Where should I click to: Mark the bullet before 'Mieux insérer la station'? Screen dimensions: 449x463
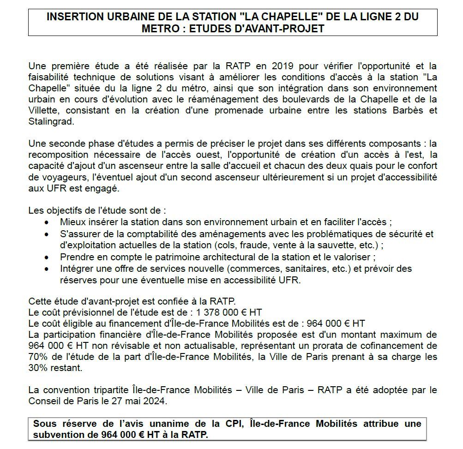[x=48, y=222]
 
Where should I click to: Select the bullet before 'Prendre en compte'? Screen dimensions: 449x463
[x=48, y=257]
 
